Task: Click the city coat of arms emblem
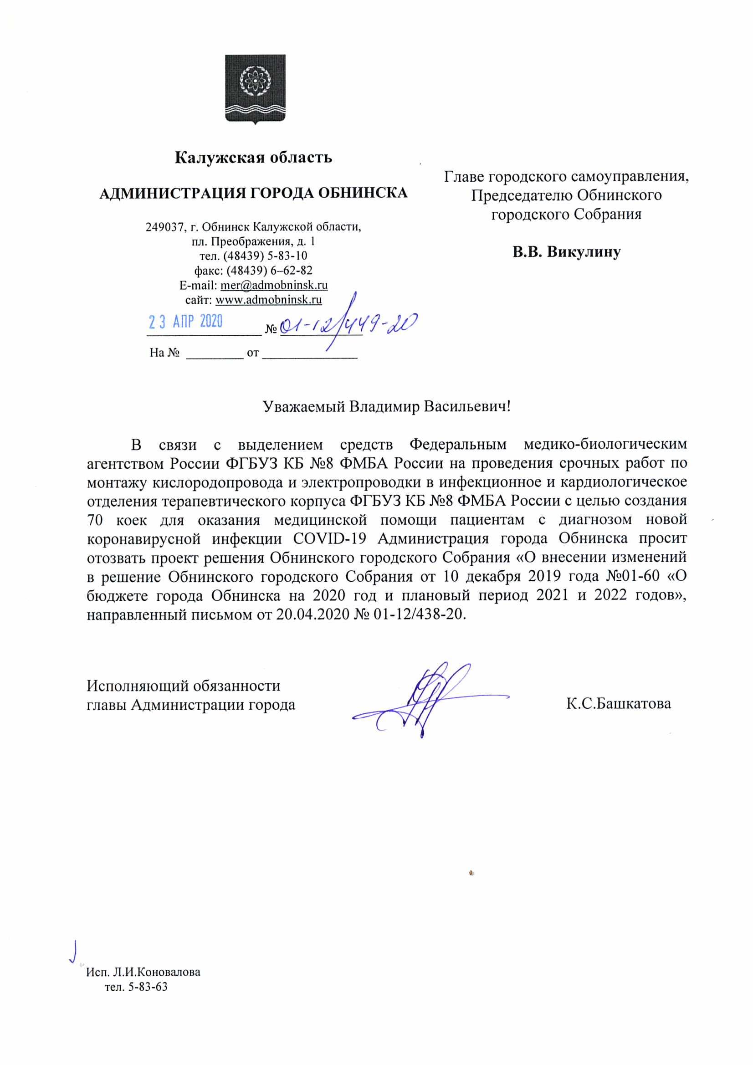click(x=255, y=89)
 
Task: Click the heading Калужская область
click(x=253, y=158)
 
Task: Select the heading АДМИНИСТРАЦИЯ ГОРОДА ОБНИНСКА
click(x=253, y=193)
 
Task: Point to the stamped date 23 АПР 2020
click(x=185, y=322)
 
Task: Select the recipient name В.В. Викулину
click(x=566, y=252)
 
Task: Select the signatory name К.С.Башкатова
click(x=618, y=704)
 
